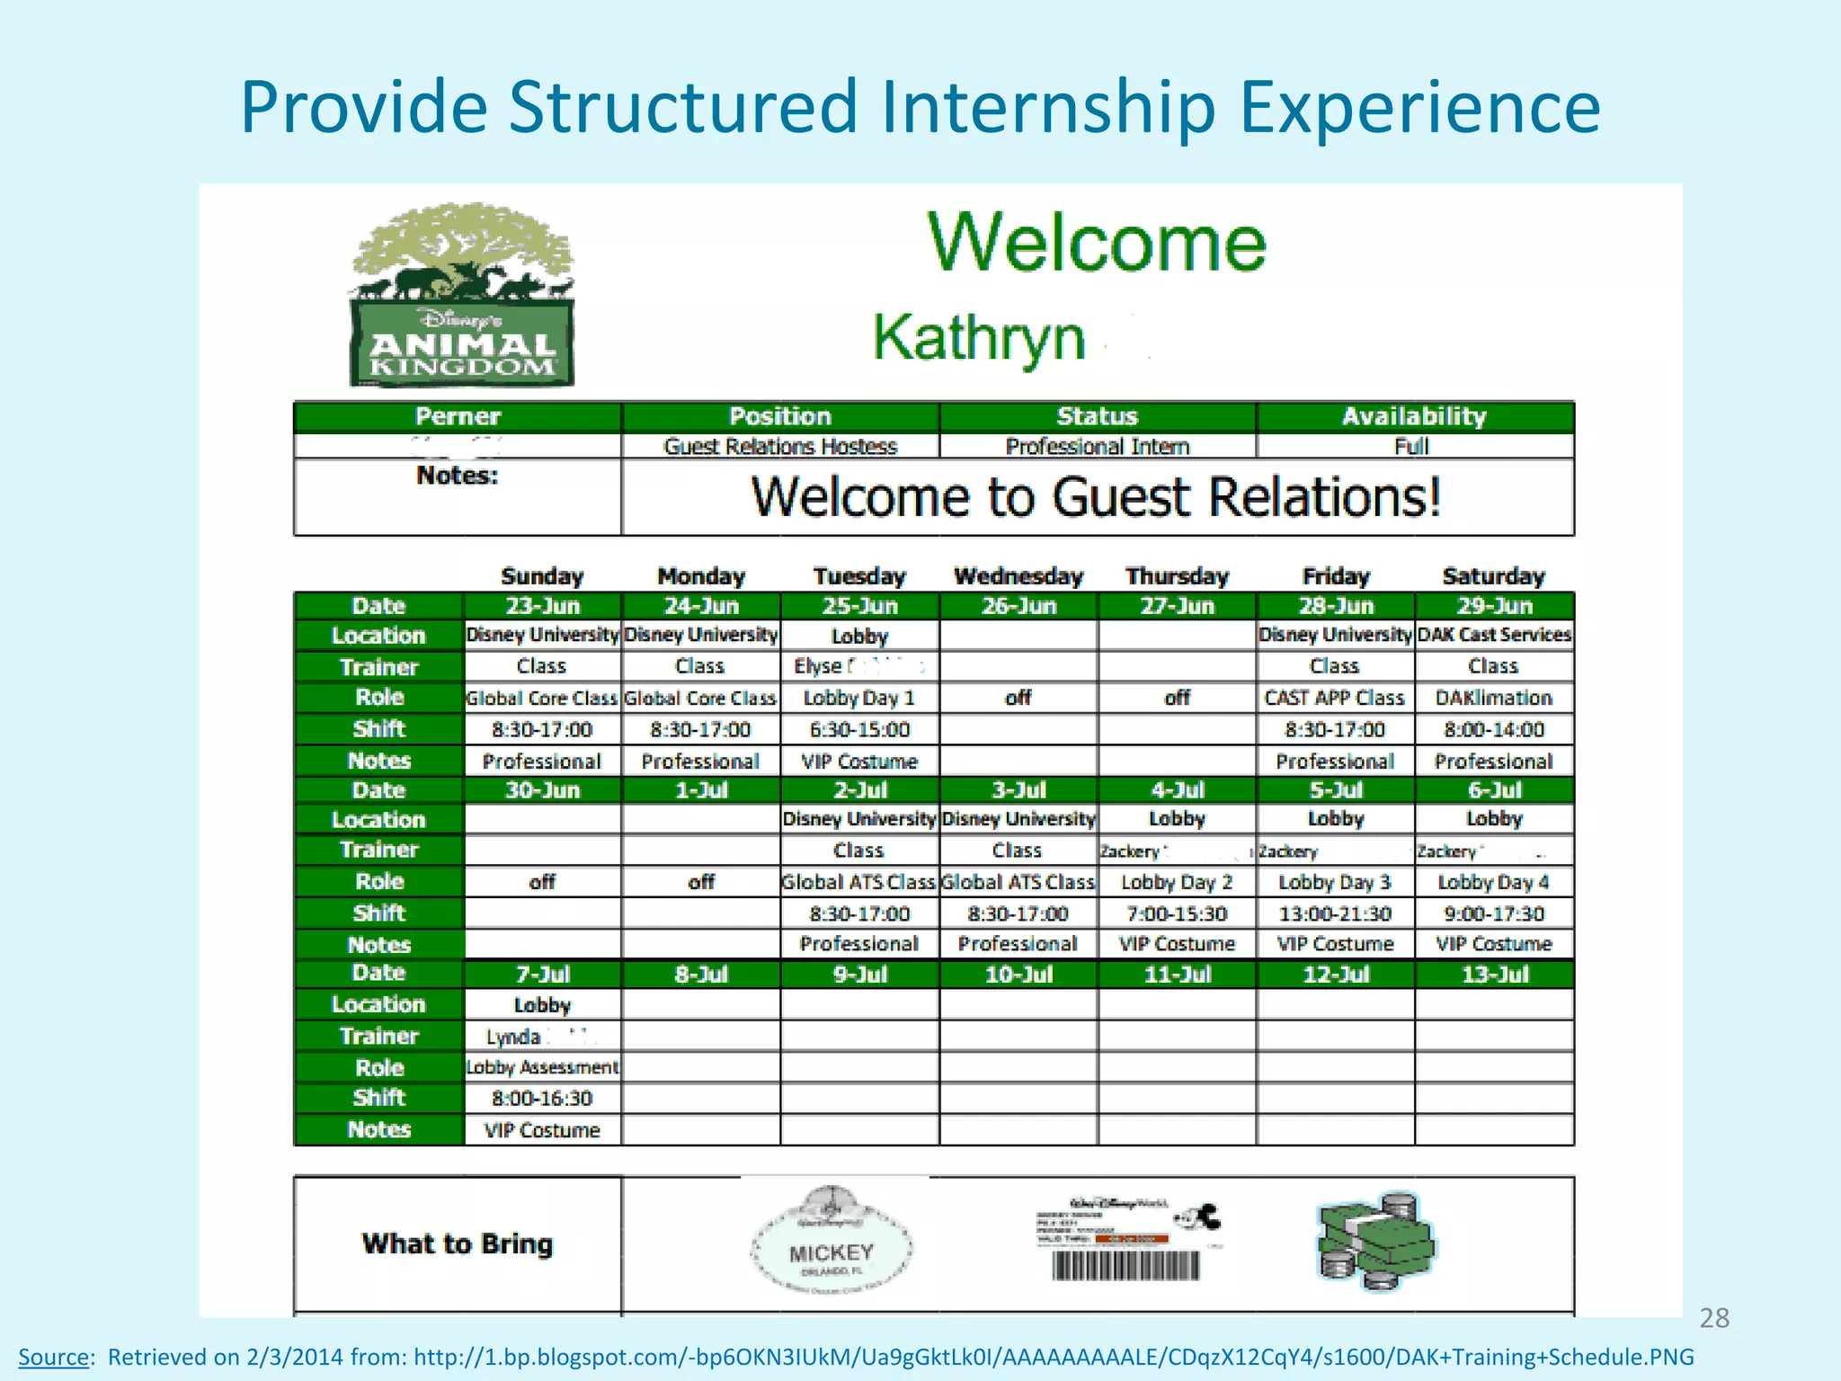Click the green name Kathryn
(x=979, y=339)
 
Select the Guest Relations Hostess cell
(x=779, y=447)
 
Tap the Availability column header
(x=1414, y=417)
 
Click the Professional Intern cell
(x=1097, y=447)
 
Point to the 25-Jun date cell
(x=859, y=606)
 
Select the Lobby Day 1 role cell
(x=858, y=698)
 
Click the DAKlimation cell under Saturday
(x=1493, y=698)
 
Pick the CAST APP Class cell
(x=1334, y=698)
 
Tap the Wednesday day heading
(x=1018, y=576)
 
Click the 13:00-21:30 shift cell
(x=1335, y=914)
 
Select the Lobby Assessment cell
(x=542, y=1067)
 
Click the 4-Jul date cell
(x=1177, y=790)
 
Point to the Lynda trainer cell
(x=542, y=1037)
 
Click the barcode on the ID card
(x=1125, y=1267)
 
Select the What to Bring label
(x=458, y=1244)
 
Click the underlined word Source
(x=53, y=1357)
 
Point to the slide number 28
(x=1713, y=1318)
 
